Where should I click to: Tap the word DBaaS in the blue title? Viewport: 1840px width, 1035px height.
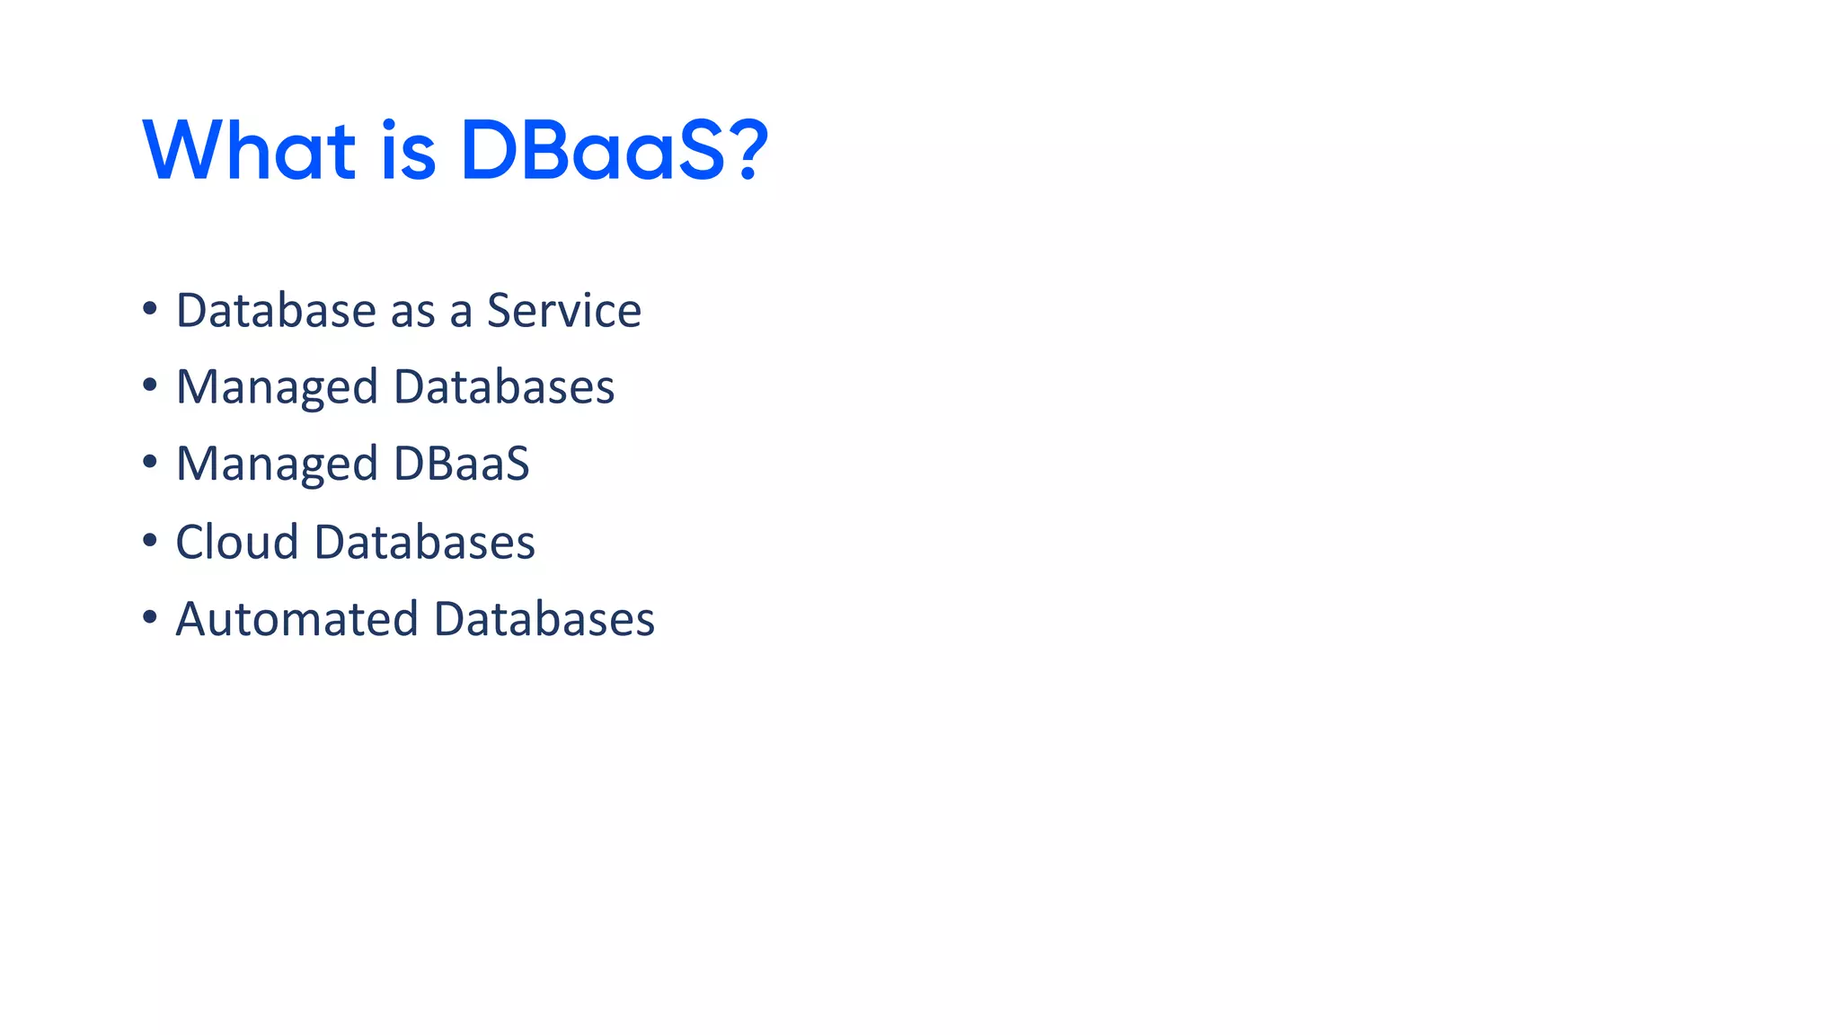pyautogui.click(x=592, y=150)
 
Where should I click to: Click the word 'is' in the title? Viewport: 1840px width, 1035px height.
pyautogui.click(x=408, y=150)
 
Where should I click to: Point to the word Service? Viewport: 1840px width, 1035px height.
pyautogui.click(x=564, y=311)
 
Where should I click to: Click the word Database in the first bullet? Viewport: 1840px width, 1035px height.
pyautogui.click(x=276, y=311)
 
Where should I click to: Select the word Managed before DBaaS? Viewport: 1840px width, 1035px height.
pyautogui.click(x=277, y=464)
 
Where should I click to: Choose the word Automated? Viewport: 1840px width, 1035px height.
pyautogui.click(x=297, y=620)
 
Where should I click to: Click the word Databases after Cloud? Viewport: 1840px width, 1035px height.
pyautogui.click(x=425, y=543)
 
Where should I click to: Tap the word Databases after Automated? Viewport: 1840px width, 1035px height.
pyautogui.click(x=544, y=620)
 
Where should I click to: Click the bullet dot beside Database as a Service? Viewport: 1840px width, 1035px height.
pyautogui.click(x=150, y=309)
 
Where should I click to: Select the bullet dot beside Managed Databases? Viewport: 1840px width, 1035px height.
pyautogui.click(x=150, y=385)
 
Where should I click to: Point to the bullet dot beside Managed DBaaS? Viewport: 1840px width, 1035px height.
pyautogui.click(x=150, y=463)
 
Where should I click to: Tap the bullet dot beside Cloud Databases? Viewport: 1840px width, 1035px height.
pyautogui.click(x=150, y=540)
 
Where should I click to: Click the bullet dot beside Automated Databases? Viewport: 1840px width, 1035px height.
pyautogui.click(x=150, y=617)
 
